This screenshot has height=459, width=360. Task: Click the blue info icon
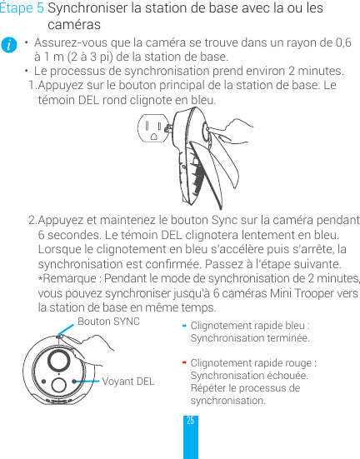8,45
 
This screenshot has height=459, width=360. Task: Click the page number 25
191,422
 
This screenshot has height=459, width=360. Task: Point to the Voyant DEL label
127,382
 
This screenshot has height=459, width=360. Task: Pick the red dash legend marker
184,364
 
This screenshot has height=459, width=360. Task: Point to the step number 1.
32,86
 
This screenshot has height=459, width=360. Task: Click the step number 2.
32,220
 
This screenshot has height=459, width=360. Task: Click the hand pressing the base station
225,133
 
